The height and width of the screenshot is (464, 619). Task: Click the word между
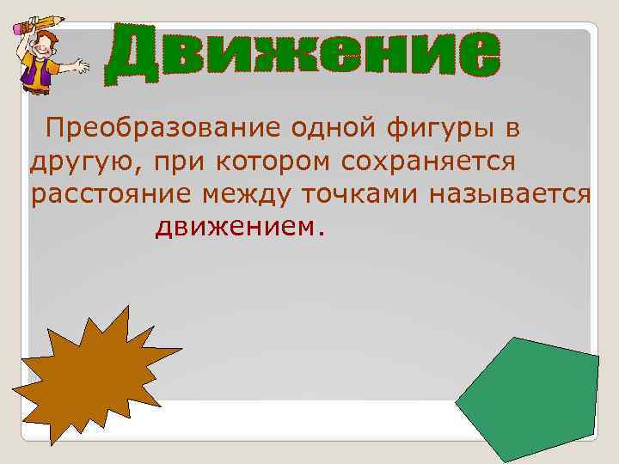tap(247, 195)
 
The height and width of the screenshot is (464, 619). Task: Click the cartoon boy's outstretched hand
tap(83, 65)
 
